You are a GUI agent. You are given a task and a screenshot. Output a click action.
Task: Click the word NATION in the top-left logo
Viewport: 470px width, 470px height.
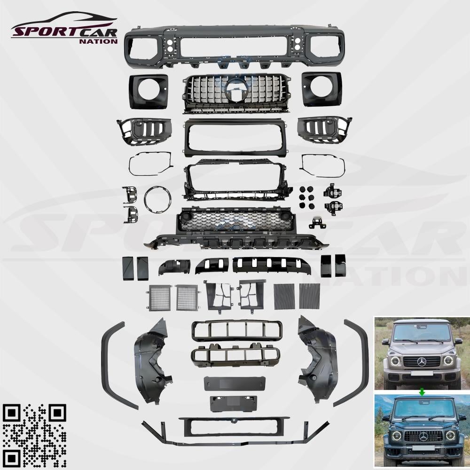[98, 41]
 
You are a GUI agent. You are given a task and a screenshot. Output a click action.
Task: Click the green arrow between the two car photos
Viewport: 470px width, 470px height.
[422, 392]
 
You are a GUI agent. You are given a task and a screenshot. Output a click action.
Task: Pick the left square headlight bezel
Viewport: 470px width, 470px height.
[149, 91]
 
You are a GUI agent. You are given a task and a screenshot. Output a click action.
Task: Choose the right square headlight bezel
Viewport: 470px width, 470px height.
[321, 89]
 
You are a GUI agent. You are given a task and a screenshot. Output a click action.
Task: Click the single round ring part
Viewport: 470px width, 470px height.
[157, 199]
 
